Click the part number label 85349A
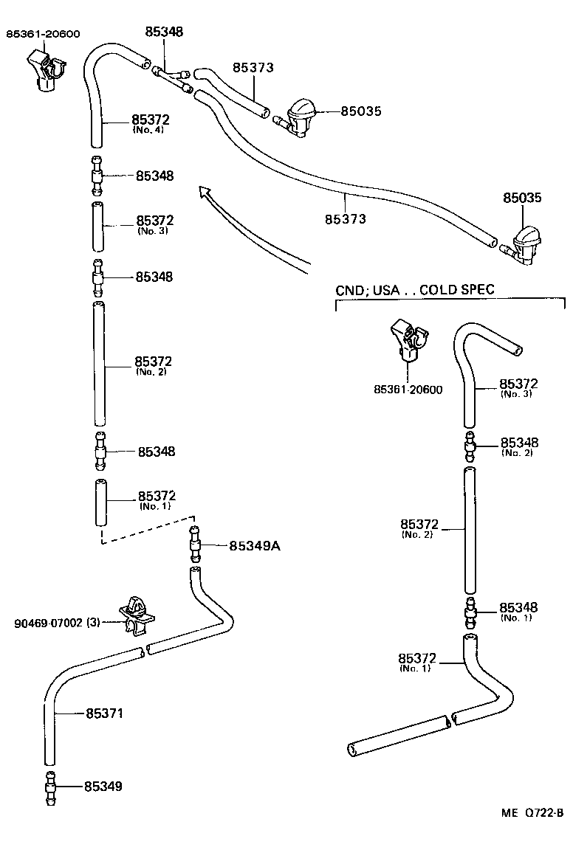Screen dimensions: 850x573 [255, 546]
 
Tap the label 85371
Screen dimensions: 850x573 [104, 713]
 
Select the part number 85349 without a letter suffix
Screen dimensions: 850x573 [103, 787]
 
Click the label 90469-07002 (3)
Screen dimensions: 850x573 [57, 623]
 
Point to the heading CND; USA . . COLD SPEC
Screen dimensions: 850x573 [414, 291]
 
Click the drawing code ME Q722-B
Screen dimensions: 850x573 [532, 813]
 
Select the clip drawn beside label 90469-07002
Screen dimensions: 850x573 [137, 613]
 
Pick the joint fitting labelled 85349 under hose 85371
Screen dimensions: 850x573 [50, 787]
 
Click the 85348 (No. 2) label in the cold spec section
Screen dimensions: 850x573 [519, 446]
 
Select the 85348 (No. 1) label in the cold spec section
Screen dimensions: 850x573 [519, 612]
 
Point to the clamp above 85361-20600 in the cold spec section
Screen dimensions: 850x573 [408, 340]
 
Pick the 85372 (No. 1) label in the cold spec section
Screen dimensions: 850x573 [417, 662]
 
